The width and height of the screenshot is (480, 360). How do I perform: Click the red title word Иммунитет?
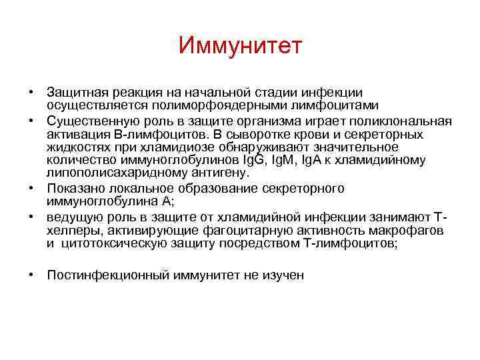pos(241,46)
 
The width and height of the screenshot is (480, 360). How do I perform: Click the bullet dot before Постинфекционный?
pos(31,273)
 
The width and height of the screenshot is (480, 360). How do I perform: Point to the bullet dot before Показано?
pos(31,189)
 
